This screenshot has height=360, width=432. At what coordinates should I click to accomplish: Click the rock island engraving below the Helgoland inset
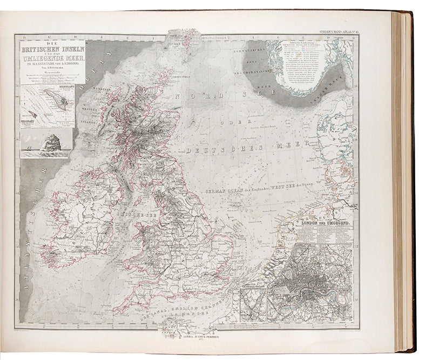(47, 143)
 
